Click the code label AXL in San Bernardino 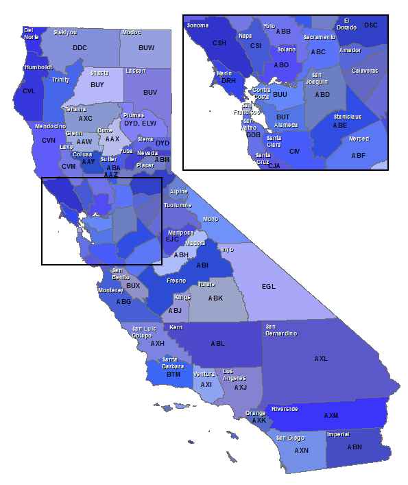coord(321,359)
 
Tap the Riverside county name coord(285,409)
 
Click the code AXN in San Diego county coord(301,451)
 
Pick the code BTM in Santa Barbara coord(173,375)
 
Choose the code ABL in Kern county coord(217,344)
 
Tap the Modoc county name coord(132,32)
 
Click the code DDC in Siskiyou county coord(80,48)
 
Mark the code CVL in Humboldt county coord(29,91)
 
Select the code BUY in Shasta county coord(97,85)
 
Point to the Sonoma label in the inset coord(197,25)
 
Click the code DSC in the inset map coord(371,25)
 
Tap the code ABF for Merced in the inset coord(359,155)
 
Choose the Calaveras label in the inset coord(365,71)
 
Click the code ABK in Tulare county coord(216,298)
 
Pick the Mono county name coord(211,220)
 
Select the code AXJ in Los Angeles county coord(240,387)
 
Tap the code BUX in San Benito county coord(133,286)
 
